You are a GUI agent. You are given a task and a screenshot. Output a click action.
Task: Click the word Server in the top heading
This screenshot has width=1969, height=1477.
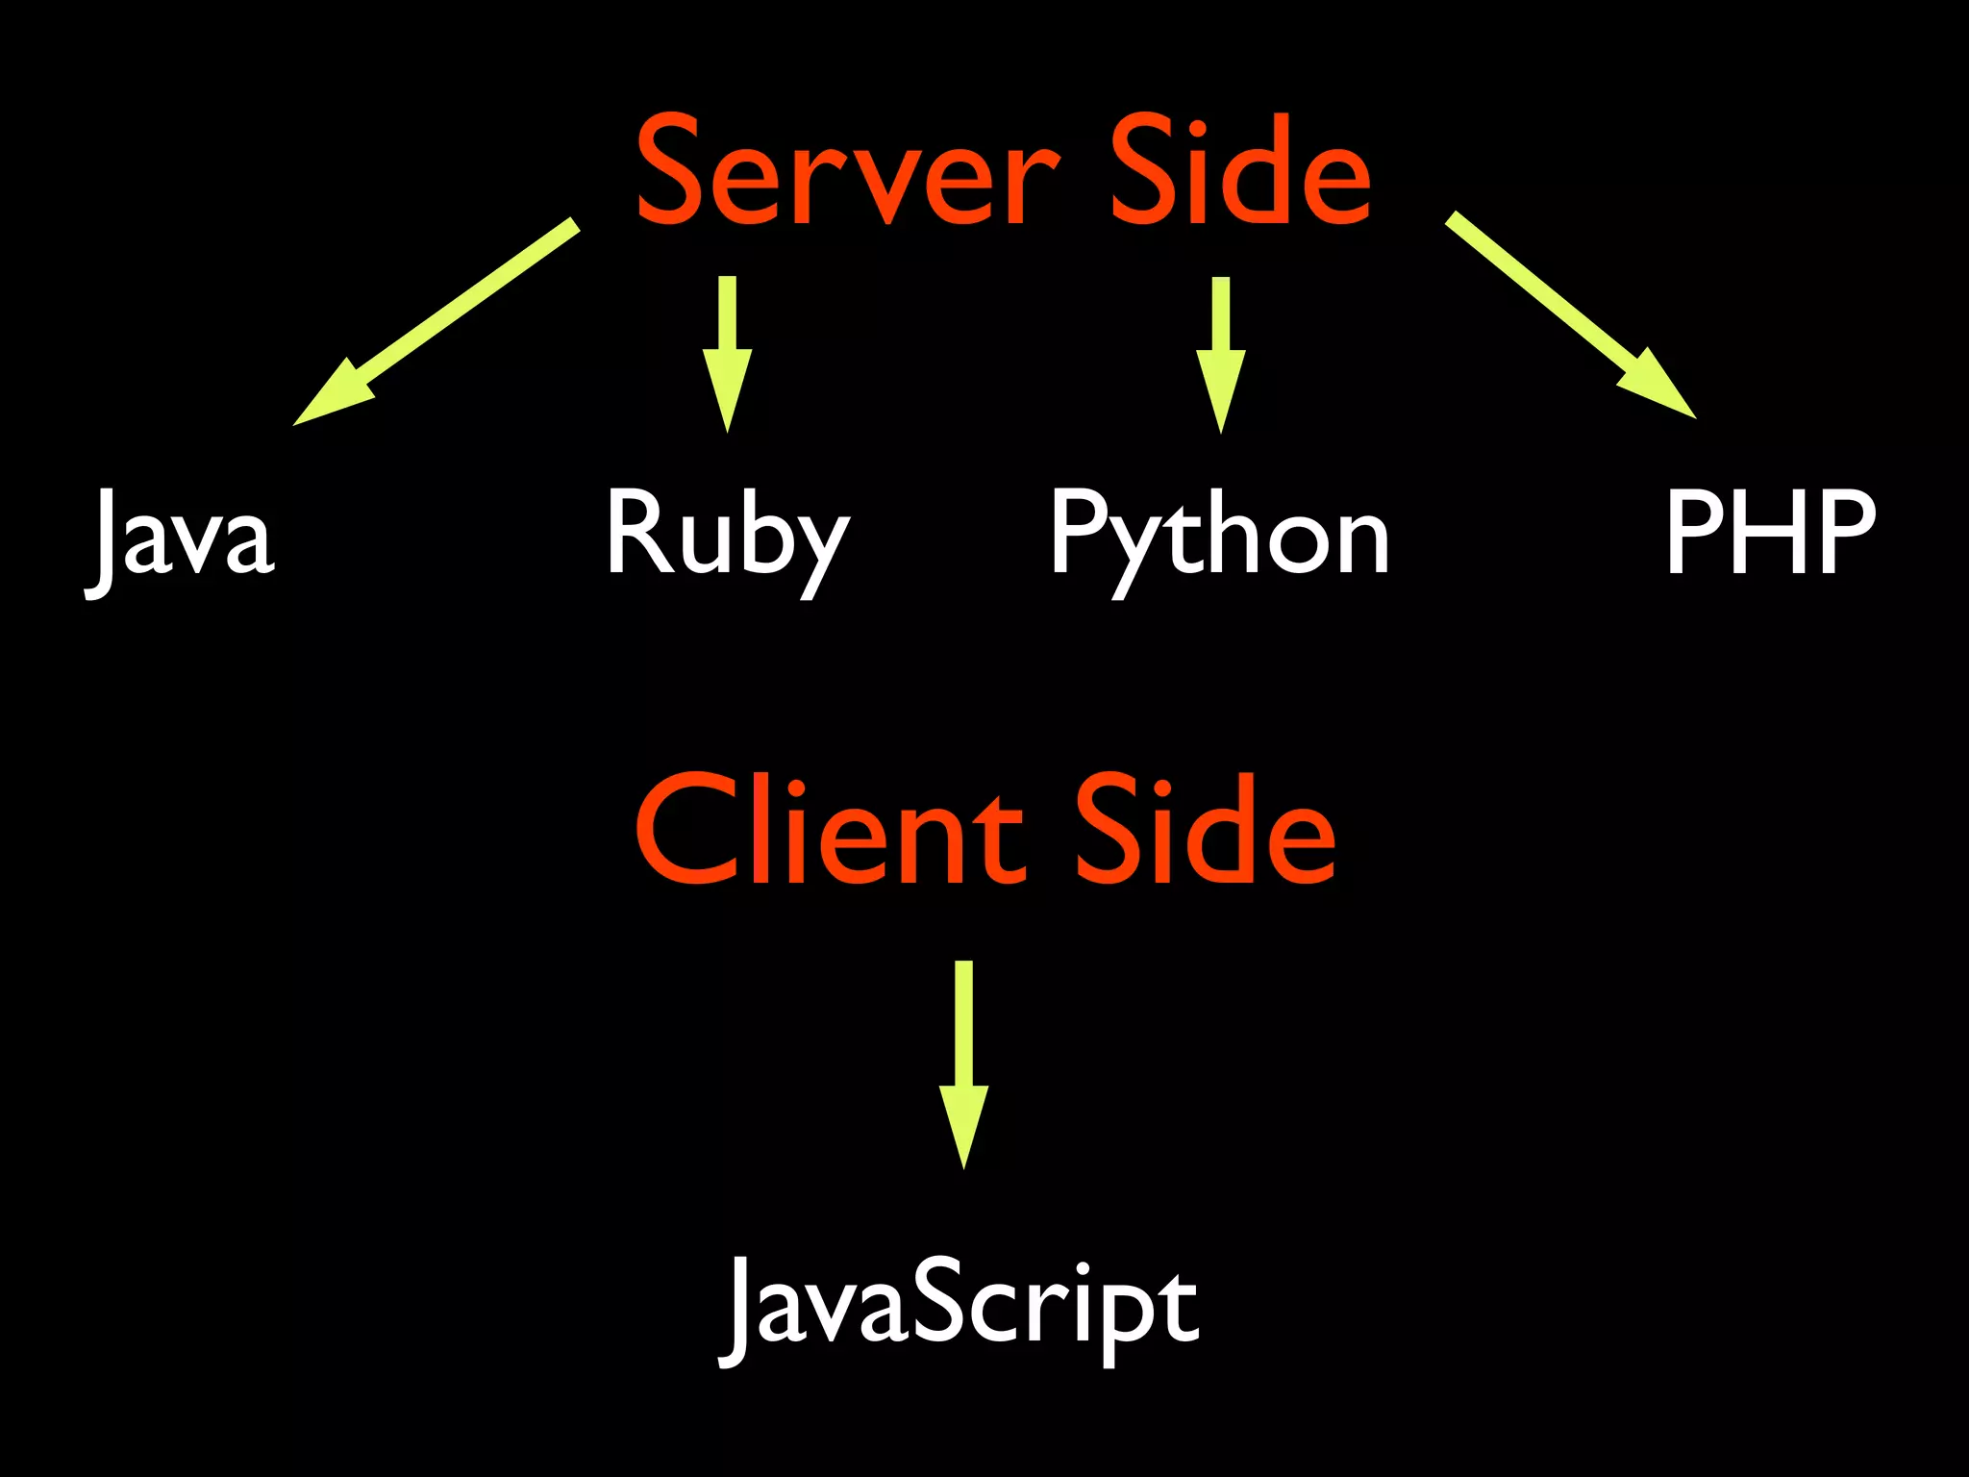tap(846, 173)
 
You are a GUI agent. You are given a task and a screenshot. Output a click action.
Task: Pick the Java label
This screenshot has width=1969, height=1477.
tap(181, 535)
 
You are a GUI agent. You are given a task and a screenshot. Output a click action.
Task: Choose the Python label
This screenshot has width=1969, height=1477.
tap(1219, 535)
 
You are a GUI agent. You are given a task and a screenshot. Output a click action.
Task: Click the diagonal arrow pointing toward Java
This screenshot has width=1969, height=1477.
tap(437, 322)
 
